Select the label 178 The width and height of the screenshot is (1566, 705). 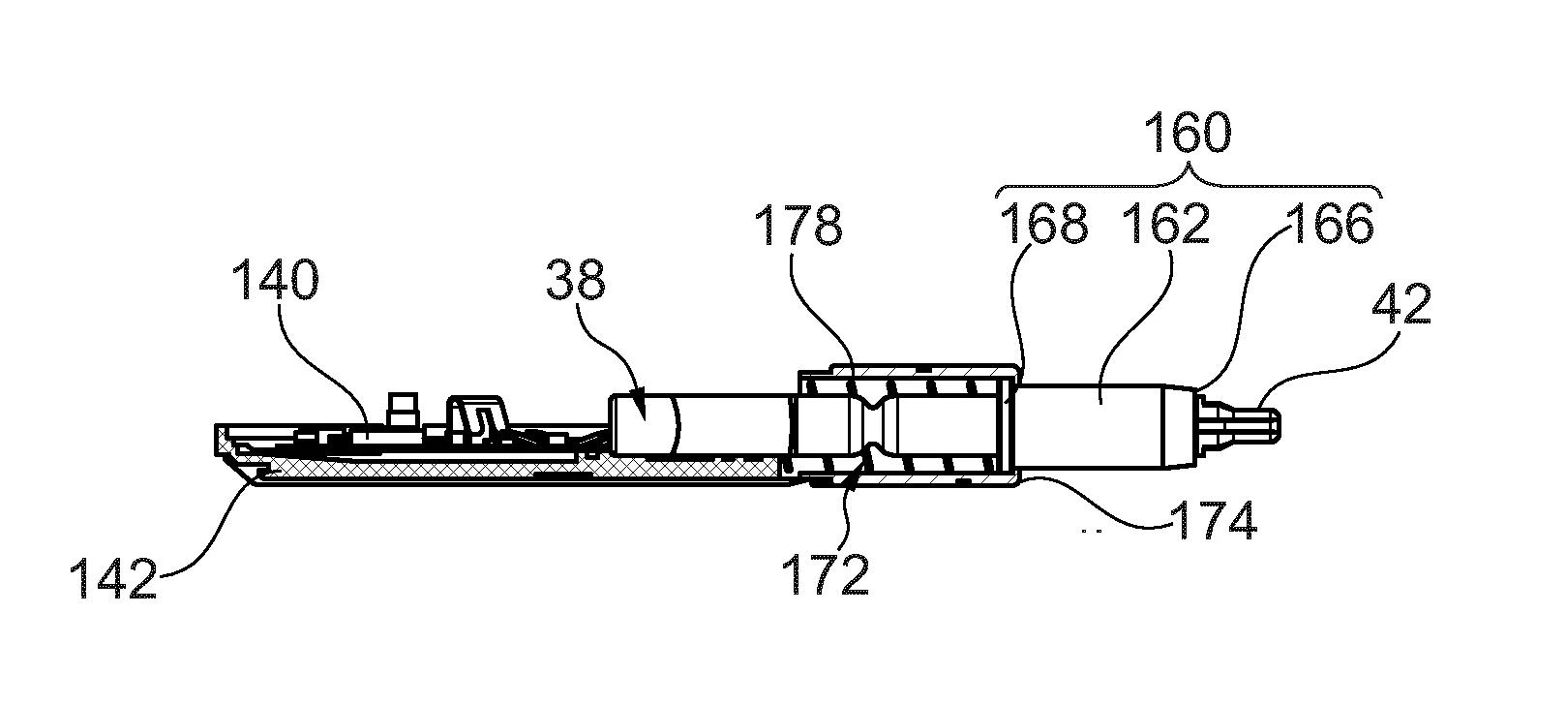pyautogui.click(x=798, y=227)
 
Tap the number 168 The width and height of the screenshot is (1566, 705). pyautogui.click(x=1042, y=224)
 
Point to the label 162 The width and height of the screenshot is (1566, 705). pyautogui.click(x=1164, y=224)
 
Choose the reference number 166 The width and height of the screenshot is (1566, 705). pyautogui.click(x=1330, y=224)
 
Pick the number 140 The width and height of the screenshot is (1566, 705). pyautogui.click(x=274, y=283)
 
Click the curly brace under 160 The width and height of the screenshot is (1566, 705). pyautogui.click(x=1189, y=180)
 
